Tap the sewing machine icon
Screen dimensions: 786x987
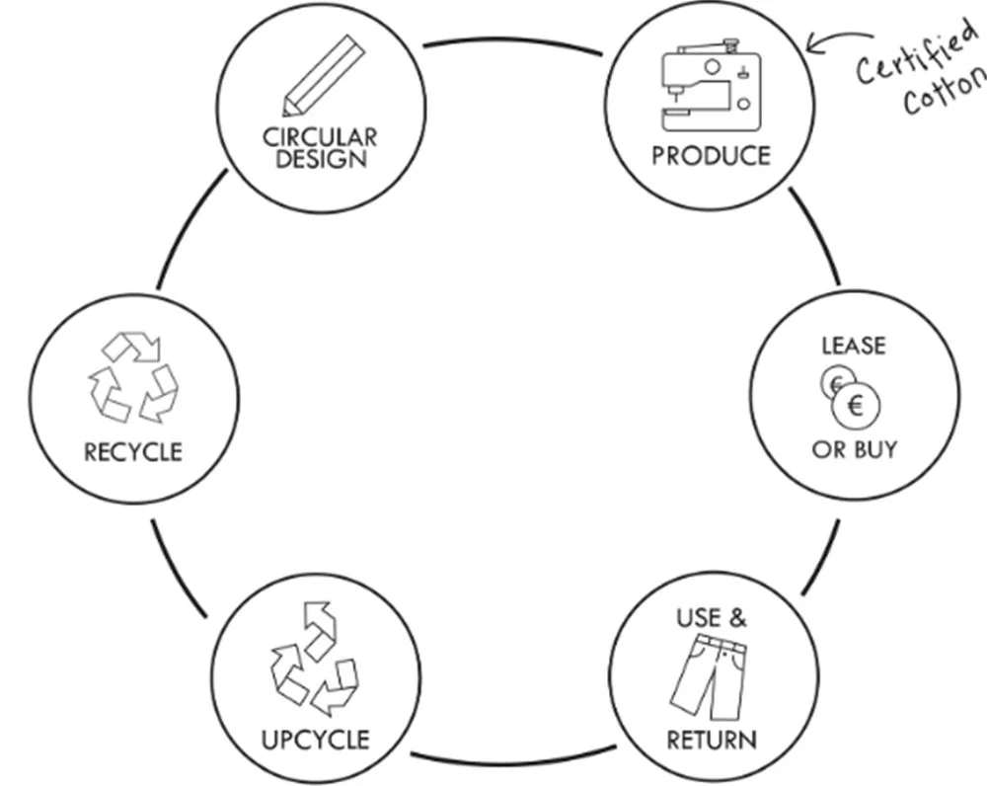click(711, 86)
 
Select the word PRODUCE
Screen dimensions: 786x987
click(711, 156)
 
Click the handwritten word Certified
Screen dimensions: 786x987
click(910, 53)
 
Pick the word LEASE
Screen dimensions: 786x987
click(854, 346)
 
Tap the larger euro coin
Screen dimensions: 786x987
click(856, 405)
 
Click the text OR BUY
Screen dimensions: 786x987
click(855, 449)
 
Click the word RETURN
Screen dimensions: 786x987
click(712, 740)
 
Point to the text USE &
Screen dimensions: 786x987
click(712, 619)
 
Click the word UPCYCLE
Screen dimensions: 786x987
click(316, 740)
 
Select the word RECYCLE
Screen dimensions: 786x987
click(133, 452)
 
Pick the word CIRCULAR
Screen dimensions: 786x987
click(320, 137)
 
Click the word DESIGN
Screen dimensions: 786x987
click(322, 159)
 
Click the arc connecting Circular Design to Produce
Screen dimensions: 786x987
click(513, 43)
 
